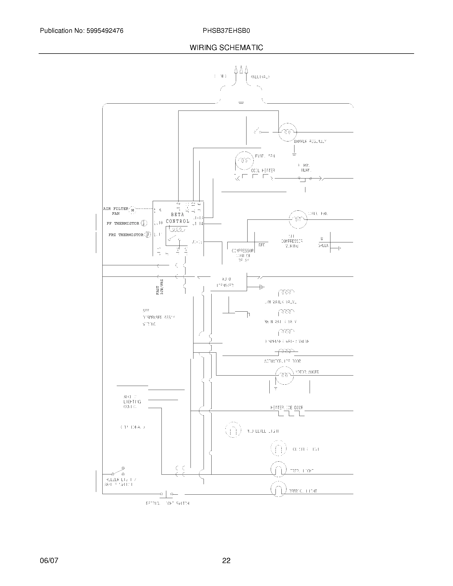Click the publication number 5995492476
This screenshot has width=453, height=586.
click(105, 31)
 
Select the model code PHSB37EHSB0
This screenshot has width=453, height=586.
click(226, 31)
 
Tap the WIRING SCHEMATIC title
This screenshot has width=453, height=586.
click(226, 48)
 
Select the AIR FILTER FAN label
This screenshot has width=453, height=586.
click(116, 211)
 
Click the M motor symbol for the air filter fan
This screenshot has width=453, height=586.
click(133, 210)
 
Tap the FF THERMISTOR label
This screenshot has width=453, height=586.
click(123, 223)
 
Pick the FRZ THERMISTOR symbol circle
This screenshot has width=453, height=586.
click(147, 234)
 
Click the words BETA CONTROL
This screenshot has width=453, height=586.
click(177, 218)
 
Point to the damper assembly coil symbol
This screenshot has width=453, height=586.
click(288, 132)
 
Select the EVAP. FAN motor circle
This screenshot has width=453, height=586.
click(244, 160)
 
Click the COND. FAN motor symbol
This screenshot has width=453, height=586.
click(298, 219)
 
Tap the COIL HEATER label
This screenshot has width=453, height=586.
click(263, 170)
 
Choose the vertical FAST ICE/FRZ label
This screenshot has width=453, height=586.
click(160, 287)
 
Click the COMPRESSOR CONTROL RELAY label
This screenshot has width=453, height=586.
click(242, 255)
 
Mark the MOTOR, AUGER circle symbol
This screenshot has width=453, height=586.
click(285, 375)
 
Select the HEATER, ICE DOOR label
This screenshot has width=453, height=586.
click(287, 408)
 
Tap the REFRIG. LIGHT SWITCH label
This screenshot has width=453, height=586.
click(167, 503)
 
